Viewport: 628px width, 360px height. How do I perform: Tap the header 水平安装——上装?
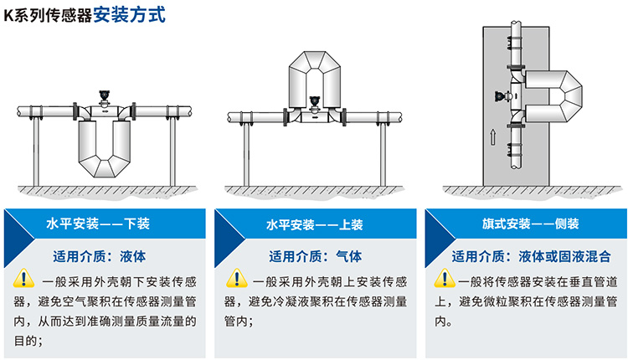[314, 224]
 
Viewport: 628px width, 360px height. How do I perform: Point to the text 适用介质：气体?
[314, 255]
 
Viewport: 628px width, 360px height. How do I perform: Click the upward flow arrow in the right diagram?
[495, 134]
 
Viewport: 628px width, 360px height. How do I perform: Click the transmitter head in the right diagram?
[500, 97]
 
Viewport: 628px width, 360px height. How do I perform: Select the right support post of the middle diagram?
[383, 155]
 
